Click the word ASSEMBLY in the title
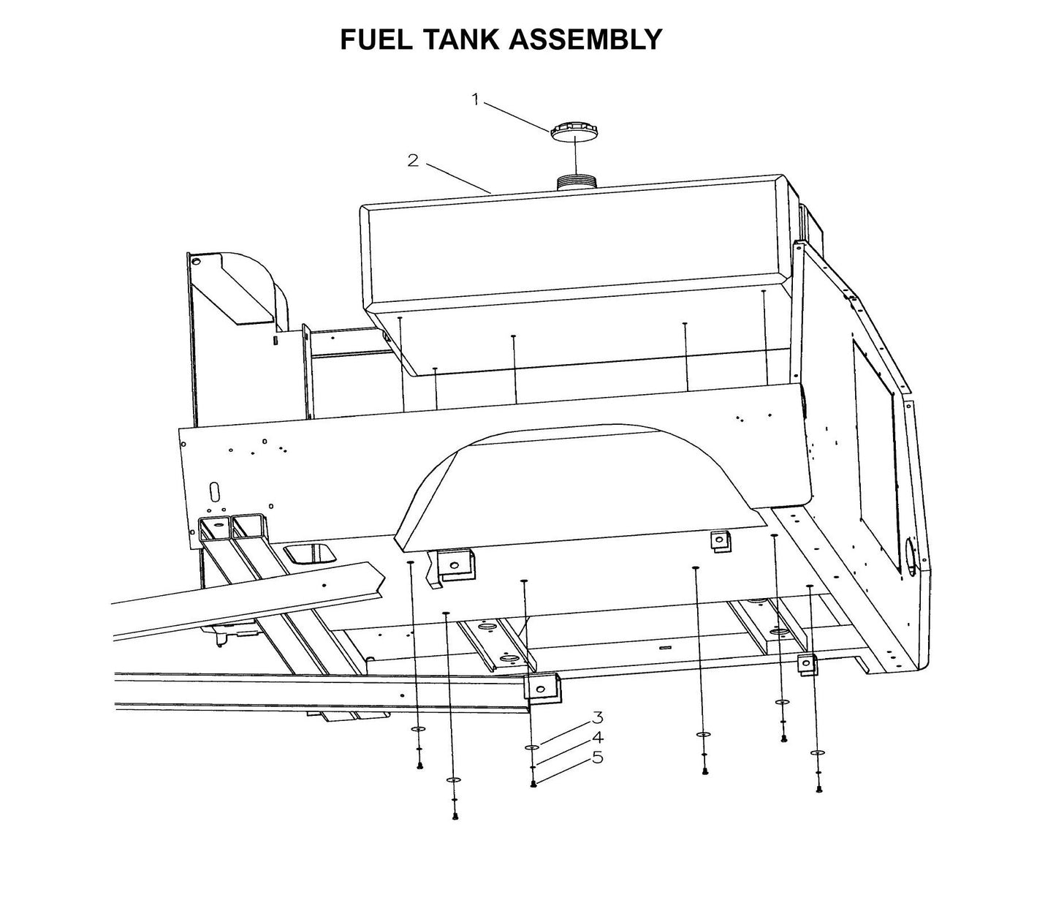pos(585,39)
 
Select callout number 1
pos(476,99)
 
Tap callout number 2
pos(414,160)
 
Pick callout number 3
pos(597,717)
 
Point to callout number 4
pos(597,737)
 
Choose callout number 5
pos(597,757)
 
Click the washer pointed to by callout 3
pos(533,748)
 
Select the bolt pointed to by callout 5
pos(534,784)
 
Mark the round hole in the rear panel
pos(911,552)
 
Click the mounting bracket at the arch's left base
pos(455,564)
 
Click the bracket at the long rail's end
pos(542,688)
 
